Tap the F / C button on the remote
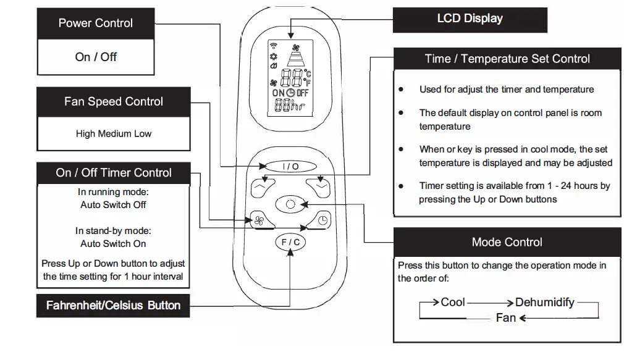290,242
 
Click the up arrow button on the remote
263,188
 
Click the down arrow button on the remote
318,188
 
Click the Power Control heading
96,23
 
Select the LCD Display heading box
470,20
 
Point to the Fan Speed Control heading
114,102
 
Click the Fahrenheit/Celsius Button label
114,306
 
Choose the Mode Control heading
507,242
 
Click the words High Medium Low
114,133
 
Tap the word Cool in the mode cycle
453,303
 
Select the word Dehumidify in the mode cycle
545,303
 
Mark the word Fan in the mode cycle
506,318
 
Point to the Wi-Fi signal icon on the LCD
274,45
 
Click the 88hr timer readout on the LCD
290,106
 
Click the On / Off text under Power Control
96,57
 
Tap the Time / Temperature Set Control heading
507,59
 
